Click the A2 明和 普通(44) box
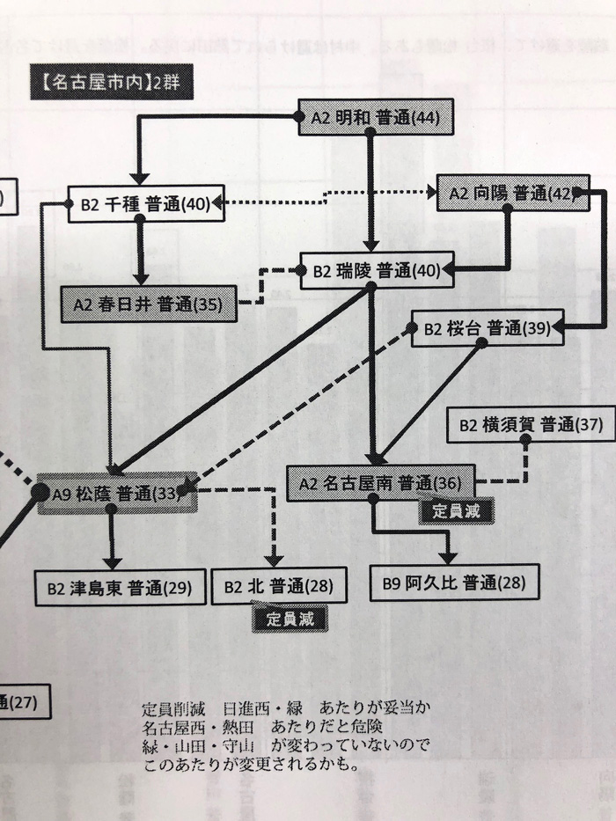tap(376, 117)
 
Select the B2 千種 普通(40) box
tap(145, 204)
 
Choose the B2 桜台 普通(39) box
tap(487, 329)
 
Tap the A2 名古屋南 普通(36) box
tap(381, 482)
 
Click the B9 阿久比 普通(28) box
tap(452, 582)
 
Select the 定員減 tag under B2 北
tap(290, 619)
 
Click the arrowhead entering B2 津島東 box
tap(112, 563)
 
